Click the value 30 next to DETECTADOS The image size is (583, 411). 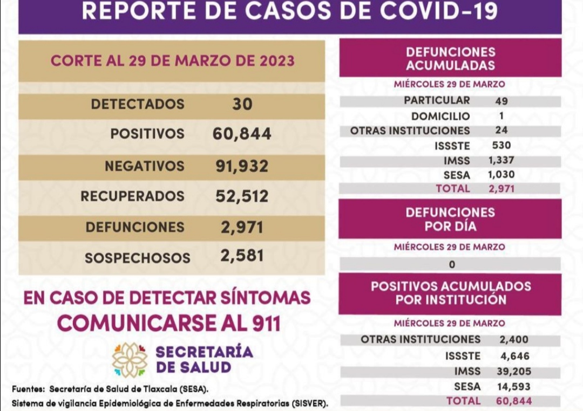pos(242,104)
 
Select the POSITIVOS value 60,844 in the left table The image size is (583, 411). pos(242,134)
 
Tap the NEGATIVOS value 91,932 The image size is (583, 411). pos(242,166)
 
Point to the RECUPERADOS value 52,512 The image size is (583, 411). pos(242,196)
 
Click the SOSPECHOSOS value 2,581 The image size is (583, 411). pos(242,255)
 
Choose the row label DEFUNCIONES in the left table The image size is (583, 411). pos(134,227)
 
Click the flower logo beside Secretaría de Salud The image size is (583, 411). pos(130,360)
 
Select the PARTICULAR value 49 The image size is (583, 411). pos(501,101)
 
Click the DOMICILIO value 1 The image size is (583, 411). pos(501,115)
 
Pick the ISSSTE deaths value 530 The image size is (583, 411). pos(501,145)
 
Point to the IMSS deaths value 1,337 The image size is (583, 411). pos(501,160)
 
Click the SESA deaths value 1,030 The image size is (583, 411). pos(501,174)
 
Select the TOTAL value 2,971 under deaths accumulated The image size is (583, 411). pos(501,189)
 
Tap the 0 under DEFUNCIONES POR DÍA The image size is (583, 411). pos(451,264)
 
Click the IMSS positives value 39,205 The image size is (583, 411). pos(514,371)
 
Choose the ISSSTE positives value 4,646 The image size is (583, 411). pos(514,356)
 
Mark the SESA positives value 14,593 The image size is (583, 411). pos(514,386)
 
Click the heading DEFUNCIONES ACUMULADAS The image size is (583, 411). pos(450,59)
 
